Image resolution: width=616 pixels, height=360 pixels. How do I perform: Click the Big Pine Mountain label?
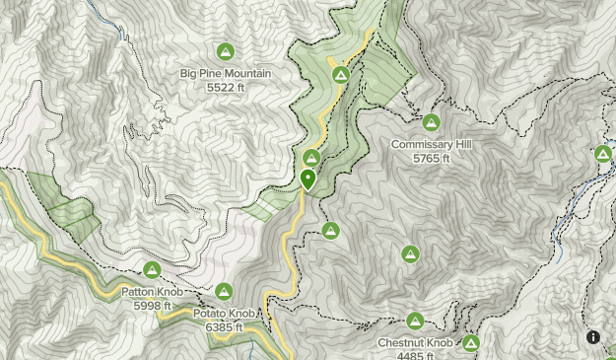(225, 73)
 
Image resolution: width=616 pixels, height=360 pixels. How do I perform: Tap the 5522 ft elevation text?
(225, 87)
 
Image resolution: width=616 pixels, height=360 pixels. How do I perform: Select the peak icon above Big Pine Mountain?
(225, 51)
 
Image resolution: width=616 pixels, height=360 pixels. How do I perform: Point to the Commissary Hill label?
(431, 144)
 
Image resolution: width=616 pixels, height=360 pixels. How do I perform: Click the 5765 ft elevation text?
(431, 158)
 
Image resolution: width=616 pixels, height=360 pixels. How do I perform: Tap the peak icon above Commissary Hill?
(431, 122)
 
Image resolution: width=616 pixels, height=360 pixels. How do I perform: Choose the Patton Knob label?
(152, 292)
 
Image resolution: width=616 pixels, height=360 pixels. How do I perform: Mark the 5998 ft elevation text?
(152, 305)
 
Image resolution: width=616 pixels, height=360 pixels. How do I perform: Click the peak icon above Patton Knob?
(152, 269)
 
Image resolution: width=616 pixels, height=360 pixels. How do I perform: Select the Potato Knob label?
(224, 314)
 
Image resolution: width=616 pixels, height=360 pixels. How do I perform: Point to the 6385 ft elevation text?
(224, 326)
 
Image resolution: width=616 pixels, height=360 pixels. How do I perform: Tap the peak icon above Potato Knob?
(224, 291)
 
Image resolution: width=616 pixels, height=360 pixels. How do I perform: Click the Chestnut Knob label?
(415, 343)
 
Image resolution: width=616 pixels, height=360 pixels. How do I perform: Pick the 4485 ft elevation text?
(415, 355)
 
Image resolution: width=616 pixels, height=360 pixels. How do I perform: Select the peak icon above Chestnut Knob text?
(415, 322)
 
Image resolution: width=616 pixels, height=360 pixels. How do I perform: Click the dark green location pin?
(308, 180)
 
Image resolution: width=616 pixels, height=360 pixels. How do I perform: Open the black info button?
(593, 336)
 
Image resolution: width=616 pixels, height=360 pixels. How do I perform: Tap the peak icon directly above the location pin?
(311, 158)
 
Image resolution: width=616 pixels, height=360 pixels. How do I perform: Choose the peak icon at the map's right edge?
(603, 154)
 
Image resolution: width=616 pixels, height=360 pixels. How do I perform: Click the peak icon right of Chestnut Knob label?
(471, 343)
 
